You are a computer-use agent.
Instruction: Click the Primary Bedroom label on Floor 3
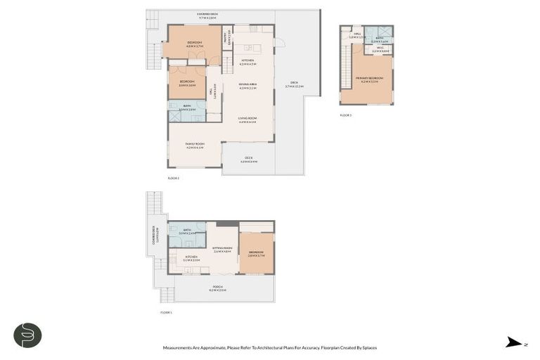(x=369, y=79)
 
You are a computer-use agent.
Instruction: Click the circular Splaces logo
(x=27, y=335)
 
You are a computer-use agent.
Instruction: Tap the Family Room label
(x=195, y=146)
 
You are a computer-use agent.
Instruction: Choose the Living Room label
(x=247, y=120)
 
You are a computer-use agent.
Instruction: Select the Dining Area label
(x=247, y=86)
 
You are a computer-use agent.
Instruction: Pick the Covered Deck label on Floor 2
(x=207, y=15)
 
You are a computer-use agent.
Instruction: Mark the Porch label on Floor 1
(x=218, y=288)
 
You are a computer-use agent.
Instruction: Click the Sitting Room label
(x=222, y=249)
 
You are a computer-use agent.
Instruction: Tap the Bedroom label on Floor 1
(x=256, y=254)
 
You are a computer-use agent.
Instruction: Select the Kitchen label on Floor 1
(x=192, y=258)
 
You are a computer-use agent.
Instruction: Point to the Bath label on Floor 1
(x=188, y=231)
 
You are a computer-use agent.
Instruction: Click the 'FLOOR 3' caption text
(x=345, y=115)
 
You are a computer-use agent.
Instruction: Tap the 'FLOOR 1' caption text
(x=166, y=312)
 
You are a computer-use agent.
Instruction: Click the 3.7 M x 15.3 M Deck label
(x=294, y=84)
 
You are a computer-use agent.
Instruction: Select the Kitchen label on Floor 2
(x=247, y=62)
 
